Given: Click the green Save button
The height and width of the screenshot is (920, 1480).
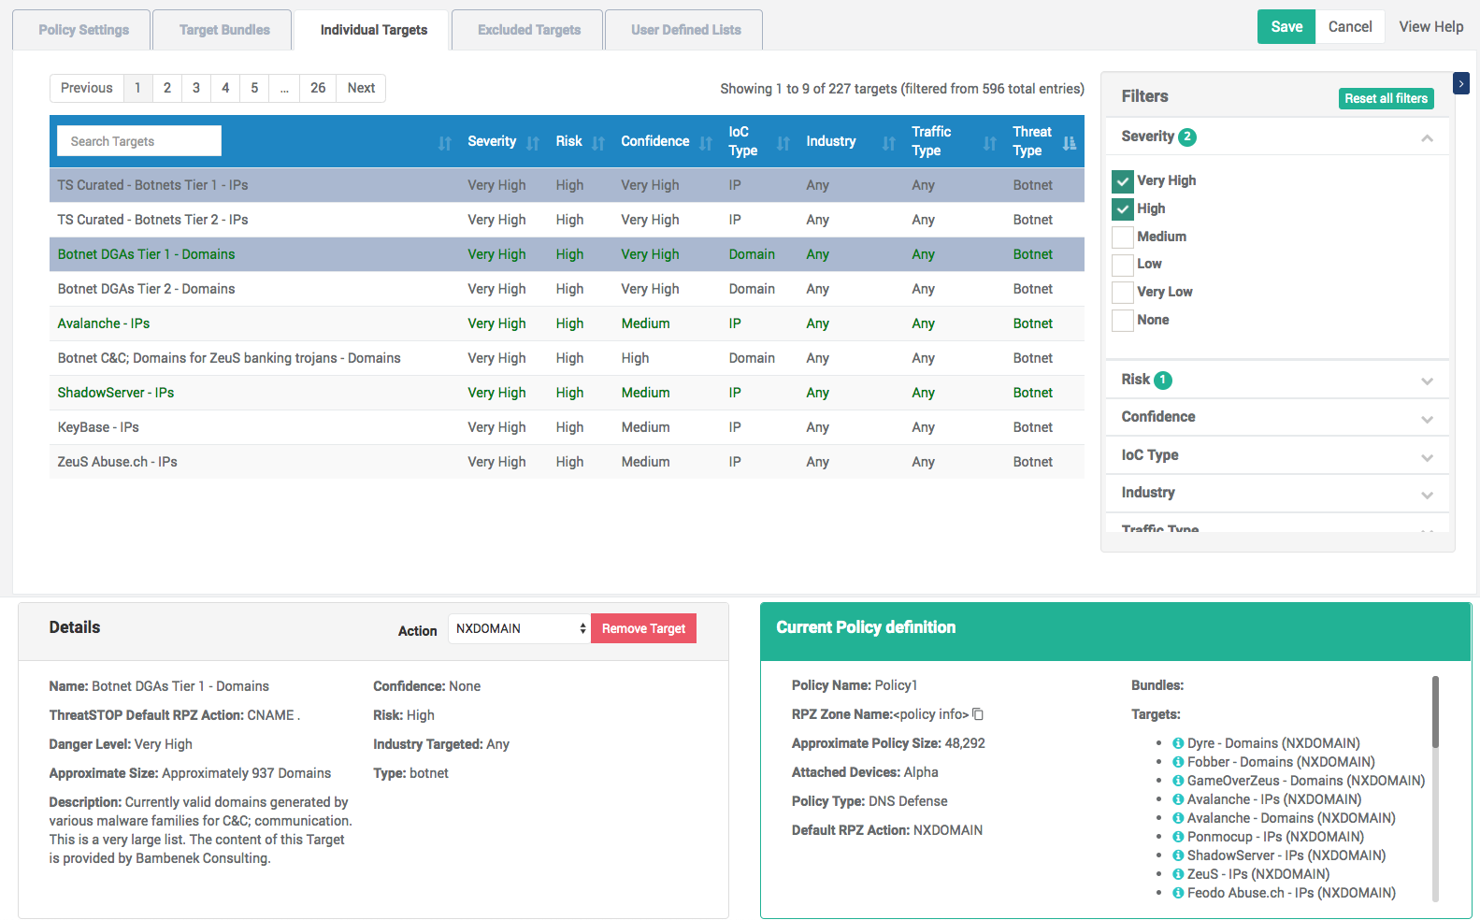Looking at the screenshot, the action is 1286,27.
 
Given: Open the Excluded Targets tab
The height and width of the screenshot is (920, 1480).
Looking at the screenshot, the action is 528,30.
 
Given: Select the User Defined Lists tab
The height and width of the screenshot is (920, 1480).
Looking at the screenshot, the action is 685,30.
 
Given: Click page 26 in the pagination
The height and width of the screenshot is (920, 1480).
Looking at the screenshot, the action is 318,88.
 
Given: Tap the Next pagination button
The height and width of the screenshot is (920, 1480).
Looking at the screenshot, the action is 361,88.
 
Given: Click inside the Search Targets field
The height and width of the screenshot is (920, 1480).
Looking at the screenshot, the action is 139,141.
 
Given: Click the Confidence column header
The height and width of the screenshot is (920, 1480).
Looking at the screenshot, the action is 654,141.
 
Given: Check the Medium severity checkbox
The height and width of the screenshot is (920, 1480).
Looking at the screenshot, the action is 1123,237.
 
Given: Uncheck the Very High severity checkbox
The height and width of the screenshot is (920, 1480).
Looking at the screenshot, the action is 1123,181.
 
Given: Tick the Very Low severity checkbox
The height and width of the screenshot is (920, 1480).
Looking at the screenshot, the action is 1123,292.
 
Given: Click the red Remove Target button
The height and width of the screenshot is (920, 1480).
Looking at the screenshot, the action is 643,628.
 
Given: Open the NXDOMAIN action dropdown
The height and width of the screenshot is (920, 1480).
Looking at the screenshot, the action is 519,628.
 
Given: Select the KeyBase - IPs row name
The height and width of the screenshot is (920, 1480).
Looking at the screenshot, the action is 98,427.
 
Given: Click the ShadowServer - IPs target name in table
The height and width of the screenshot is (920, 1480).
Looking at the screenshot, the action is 116,393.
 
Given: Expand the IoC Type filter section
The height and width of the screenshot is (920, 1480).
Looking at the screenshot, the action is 1277,454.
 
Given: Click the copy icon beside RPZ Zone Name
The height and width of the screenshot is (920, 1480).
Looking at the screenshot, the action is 979,713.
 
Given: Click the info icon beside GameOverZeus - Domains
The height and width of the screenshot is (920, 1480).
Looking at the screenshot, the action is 1177,781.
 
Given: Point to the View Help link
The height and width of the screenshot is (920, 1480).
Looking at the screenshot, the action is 1431,27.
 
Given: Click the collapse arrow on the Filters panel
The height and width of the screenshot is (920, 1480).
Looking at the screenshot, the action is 1461,84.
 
